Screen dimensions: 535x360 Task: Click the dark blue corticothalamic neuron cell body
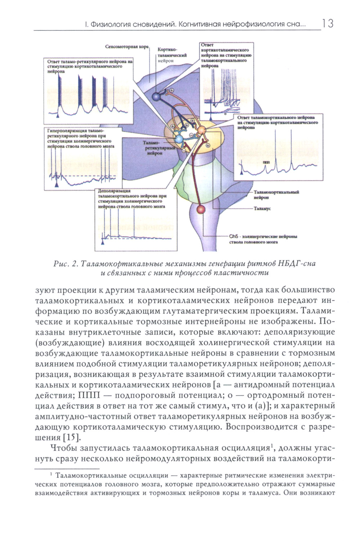click(x=156, y=97)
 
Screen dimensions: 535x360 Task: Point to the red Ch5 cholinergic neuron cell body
click(x=201, y=209)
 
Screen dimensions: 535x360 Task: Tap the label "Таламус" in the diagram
click(x=262, y=209)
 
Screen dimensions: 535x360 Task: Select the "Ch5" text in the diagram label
click(x=234, y=236)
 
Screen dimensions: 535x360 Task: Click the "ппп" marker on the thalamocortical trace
click(x=266, y=162)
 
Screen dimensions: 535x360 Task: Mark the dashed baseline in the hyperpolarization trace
click(x=90, y=176)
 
